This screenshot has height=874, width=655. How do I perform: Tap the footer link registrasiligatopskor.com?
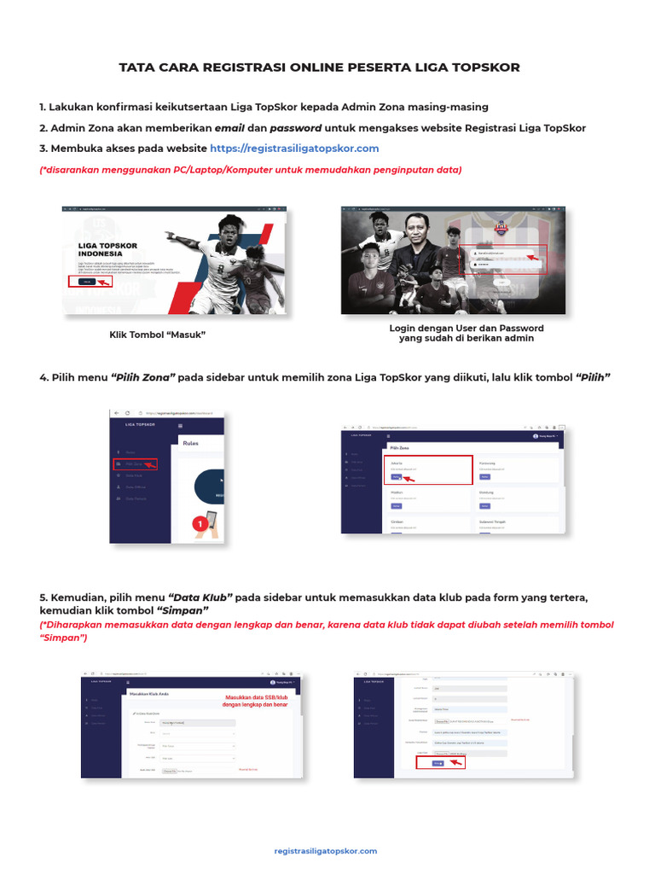click(326, 851)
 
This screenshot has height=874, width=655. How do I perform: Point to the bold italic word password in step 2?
click(296, 128)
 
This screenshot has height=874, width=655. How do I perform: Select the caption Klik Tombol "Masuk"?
click(158, 334)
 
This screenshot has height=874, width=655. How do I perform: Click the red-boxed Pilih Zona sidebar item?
click(136, 464)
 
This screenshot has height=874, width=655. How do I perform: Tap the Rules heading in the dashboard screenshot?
click(191, 443)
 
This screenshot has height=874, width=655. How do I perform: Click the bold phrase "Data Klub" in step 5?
click(200, 597)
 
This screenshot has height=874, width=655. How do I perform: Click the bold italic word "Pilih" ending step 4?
click(594, 377)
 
